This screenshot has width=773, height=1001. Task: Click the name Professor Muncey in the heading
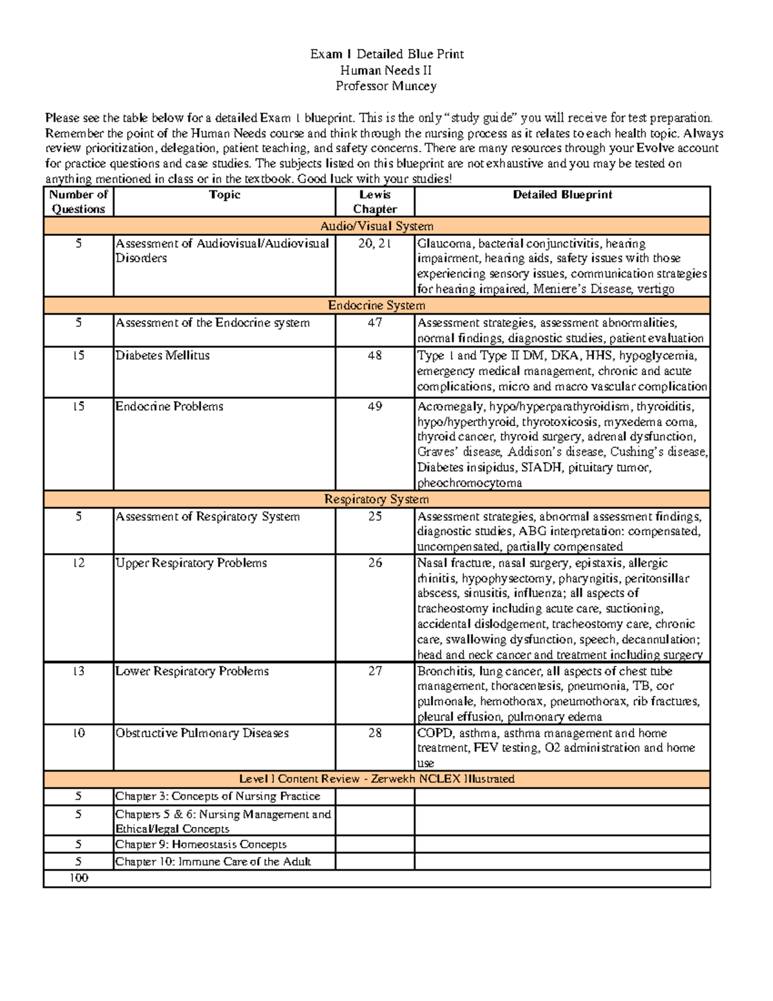coord(386,86)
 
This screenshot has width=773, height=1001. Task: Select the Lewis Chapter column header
coord(374,202)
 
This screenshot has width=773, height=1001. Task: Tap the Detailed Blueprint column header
coord(562,195)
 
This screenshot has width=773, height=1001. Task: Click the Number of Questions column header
coord(79,202)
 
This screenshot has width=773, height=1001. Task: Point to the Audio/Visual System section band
coord(377,226)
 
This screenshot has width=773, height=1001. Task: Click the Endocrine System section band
coord(377,306)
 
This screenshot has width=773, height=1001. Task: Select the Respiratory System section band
coord(377,500)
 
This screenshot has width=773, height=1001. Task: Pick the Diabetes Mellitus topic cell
coord(162,355)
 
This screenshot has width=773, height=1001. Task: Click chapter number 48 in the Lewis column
coord(374,355)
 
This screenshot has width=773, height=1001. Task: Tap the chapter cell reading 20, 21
coord(374,244)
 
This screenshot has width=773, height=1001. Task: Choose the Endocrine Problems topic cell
coord(169,407)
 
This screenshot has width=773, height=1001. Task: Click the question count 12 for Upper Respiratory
coord(79,563)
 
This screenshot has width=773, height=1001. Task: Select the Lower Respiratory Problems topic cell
coord(192,671)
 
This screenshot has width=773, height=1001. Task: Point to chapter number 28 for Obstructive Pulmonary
coord(374,733)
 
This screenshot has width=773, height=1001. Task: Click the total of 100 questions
coord(79,878)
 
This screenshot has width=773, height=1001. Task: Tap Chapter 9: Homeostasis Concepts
coord(201,844)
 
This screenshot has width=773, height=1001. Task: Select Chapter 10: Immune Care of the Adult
coord(213,862)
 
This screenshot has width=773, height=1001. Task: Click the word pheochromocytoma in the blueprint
coord(470,483)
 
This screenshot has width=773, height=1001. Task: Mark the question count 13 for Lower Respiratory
coord(79,671)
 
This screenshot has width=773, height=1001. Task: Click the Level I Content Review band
coord(377,779)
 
